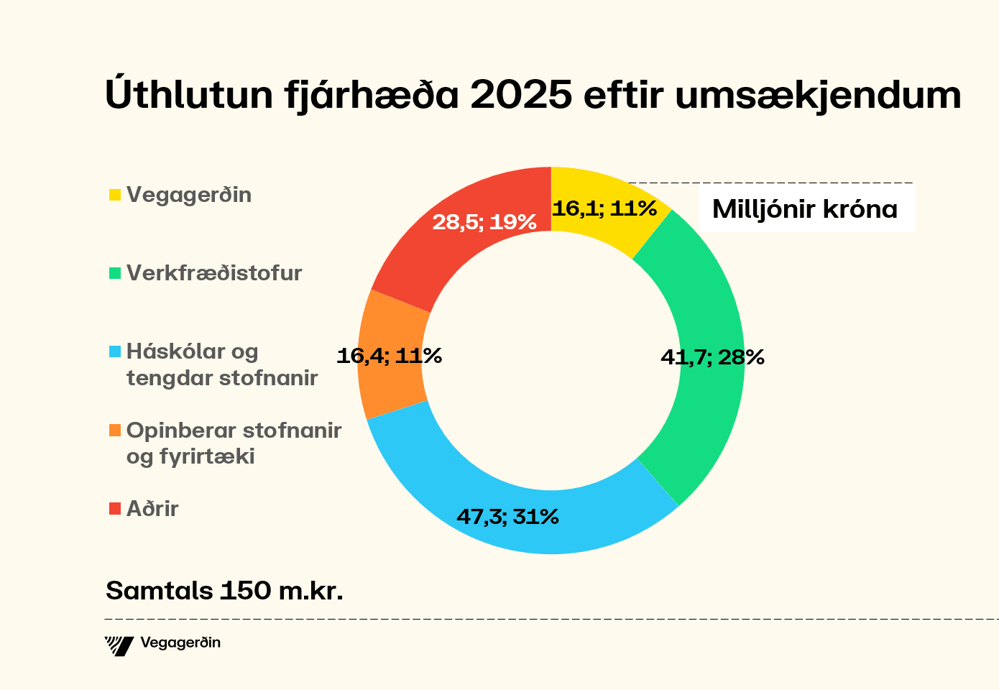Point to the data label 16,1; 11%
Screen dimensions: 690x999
tap(604, 208)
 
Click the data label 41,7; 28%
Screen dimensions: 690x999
tap(712, 356)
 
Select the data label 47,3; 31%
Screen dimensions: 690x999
tap(507, 516)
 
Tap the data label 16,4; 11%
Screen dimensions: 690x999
tap(389, 355)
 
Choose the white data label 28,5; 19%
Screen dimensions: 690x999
tap(484, 222)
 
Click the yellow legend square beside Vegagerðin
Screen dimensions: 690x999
tap(115, 195)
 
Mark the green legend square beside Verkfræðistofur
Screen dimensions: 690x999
tap(115, 273)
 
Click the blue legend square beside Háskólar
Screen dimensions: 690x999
tap(115, 352)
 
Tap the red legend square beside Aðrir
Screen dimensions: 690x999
tap(115, 509)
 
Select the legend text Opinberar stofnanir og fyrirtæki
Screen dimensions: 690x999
tap(233, 443)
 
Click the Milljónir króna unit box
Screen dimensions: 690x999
tap(805, 209)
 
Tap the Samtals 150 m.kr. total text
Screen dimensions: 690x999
tap(224, 590)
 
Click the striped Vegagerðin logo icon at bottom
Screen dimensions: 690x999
tap(119, 645)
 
